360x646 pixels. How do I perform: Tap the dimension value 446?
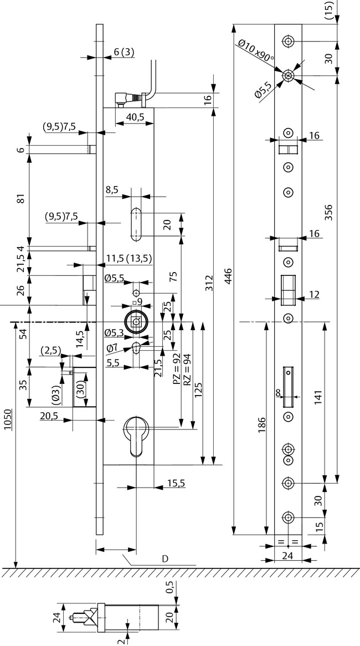[x=228, y=275]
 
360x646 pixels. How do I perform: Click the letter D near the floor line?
[x=164, y=558]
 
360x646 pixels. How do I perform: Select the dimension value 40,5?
[x=134, y=117]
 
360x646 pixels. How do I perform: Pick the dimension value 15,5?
[x=174, y=484]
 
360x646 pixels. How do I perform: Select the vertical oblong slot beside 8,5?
[x=136, y=224]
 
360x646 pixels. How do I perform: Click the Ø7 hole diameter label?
[x=111, y=347]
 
